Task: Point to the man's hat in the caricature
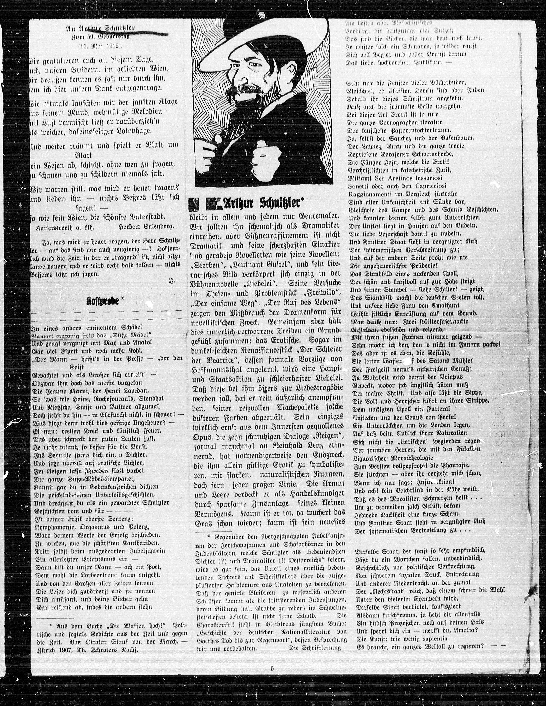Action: (255, 42)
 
